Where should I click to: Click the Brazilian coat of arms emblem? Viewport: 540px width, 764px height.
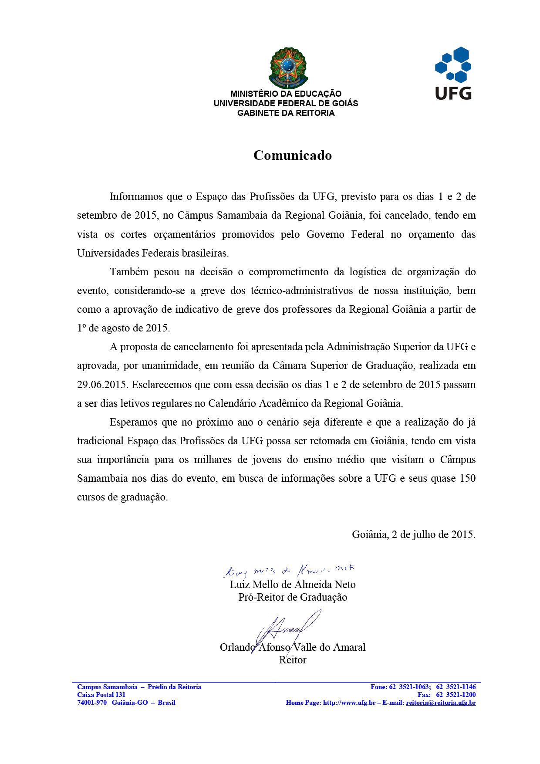point(288,68)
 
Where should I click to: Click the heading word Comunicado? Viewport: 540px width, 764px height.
point(293,156)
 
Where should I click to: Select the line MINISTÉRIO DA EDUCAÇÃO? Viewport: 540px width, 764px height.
point(286,94)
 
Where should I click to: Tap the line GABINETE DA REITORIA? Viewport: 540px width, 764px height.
point(286,113)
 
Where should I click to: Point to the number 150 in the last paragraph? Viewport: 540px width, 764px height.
point(467,478)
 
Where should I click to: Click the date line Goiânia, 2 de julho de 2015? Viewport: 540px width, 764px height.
point(413,534)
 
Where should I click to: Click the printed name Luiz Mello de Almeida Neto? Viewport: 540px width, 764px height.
point(293,585)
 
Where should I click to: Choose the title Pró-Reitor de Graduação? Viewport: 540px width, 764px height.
point(293,597)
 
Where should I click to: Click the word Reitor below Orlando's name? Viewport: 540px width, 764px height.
point(293,660)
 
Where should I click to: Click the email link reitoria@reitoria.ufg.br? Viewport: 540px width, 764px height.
point(441,703)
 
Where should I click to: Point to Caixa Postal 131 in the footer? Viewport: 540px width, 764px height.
point(101,695)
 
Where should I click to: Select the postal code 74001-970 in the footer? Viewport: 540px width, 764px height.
point(92,703)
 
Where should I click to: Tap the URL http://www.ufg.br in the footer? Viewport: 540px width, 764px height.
point(349,703)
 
